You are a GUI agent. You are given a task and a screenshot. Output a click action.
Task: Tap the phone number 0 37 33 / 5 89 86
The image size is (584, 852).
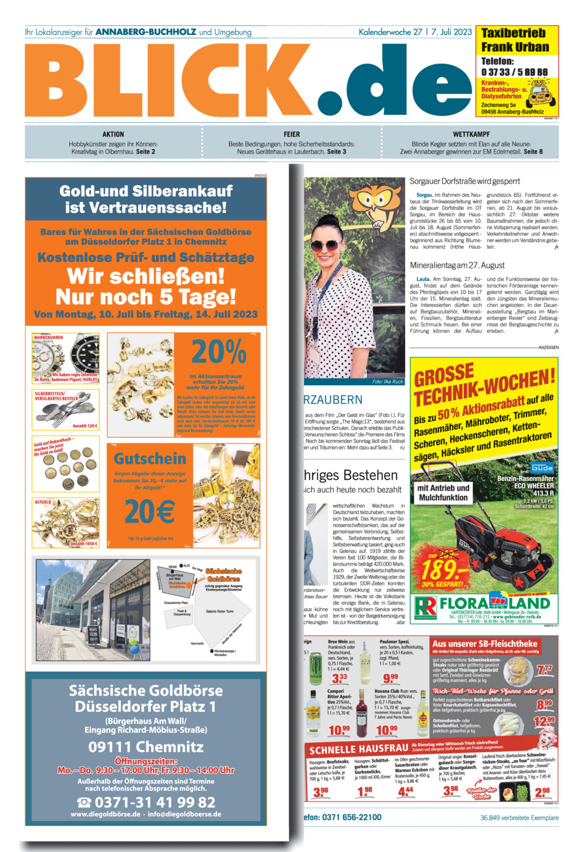514,72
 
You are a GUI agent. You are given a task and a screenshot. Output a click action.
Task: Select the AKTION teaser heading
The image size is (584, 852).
113,134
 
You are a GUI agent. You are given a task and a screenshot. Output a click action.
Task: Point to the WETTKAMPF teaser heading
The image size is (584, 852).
471,134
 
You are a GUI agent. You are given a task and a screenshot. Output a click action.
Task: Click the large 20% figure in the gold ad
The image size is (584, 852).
219,352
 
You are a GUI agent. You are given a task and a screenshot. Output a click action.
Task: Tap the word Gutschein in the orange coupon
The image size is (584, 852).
150,459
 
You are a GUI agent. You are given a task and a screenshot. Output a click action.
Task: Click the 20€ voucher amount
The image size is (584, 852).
150,511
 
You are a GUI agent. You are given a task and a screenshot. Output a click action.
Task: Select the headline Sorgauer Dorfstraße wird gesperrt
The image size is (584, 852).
465,182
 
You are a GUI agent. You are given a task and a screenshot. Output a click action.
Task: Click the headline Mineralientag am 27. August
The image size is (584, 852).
457,265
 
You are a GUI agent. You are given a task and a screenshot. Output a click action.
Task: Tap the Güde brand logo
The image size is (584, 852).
541,468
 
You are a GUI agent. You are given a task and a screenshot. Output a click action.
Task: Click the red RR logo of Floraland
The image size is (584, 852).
426,606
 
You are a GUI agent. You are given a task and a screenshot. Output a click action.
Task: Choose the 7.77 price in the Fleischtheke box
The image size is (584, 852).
544,669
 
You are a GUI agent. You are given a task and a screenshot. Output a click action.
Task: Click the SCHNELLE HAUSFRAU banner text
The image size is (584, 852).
358,749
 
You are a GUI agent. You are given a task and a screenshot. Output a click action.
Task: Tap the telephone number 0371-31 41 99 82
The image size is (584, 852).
146,802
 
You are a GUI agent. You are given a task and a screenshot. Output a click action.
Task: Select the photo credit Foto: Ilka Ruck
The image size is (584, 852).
387,382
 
